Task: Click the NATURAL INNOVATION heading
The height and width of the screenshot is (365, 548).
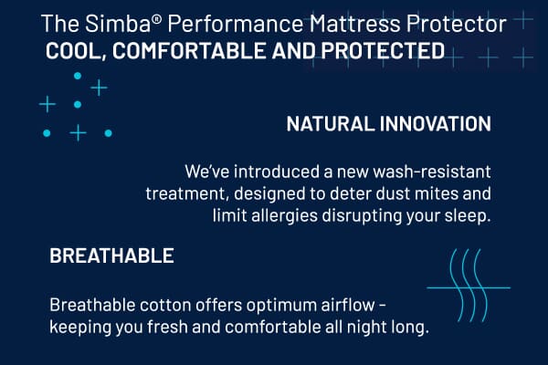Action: (x=389, y=124)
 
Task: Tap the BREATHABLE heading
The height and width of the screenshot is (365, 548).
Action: (x=111, y=256)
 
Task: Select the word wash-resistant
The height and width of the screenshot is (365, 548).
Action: (x=434, y=172)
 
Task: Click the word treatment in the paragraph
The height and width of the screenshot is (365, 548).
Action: (x=184, y=193)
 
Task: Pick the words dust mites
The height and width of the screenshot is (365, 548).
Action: (x=416, y=193)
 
